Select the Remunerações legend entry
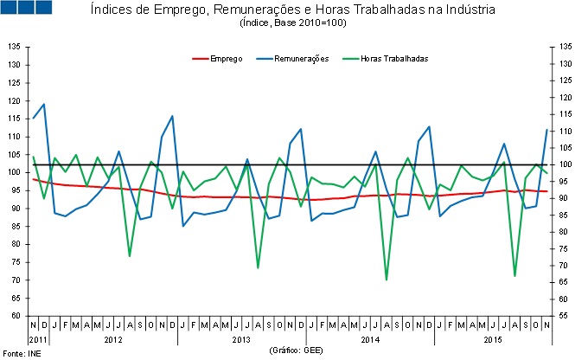[300, 58]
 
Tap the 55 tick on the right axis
[565, 316]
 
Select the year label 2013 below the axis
[241, 338]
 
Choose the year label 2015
[493, 338]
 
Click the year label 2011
[38, 338]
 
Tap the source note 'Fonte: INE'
[21, 353]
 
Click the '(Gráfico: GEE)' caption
[296, 350]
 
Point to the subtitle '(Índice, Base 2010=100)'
[293, 23]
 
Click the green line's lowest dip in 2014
[386, 280]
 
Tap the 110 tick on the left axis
[15, 136]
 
